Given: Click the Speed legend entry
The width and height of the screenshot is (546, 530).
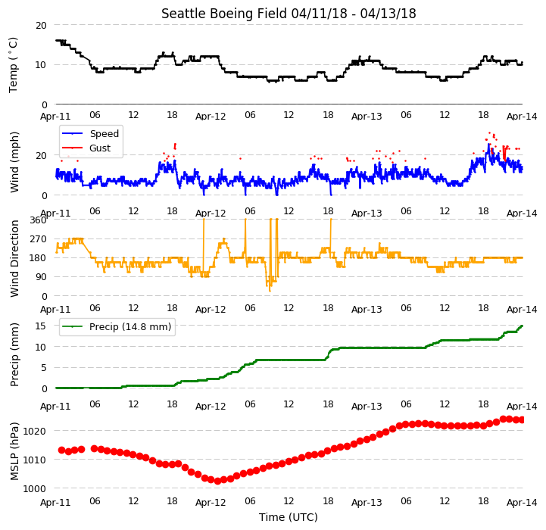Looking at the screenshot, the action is click(91, 134).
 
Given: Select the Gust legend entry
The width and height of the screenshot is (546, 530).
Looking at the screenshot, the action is click(86, 148).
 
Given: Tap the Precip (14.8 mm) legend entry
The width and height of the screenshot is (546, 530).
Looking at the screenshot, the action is click(117, 326).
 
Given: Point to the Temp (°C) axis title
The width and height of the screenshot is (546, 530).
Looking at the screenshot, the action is click(13, 65).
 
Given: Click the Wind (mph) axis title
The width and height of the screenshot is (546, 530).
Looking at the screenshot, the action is click(14, 162).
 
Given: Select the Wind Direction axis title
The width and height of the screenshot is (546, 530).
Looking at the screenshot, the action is click(14, 258).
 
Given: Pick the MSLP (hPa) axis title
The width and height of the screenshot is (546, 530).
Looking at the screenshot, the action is click(14, 451).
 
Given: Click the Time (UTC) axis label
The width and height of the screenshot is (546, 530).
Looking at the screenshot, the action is click(289, 517).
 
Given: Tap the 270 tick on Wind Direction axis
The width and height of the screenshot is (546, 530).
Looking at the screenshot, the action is click(38, 239).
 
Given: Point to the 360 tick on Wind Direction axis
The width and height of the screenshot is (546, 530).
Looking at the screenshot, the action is click(38, 220).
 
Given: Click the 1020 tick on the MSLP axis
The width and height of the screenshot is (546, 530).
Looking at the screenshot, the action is click(34, 431).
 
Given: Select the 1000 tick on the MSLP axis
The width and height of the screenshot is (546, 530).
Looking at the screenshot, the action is click(34, 489).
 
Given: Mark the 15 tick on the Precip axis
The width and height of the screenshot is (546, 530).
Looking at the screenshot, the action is click(40, 326).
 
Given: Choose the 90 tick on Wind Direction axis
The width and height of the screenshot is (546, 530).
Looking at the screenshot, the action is click(41, 277).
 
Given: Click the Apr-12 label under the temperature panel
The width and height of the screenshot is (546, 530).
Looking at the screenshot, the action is click(211, 116).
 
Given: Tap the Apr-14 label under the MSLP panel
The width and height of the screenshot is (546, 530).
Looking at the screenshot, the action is click(522, 503).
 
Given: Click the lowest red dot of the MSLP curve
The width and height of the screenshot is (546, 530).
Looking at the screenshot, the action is click(217, 481).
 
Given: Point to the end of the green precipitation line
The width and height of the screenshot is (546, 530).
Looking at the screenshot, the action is click(522, 326).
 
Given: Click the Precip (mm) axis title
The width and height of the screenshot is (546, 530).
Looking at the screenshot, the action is click(14, 354).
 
